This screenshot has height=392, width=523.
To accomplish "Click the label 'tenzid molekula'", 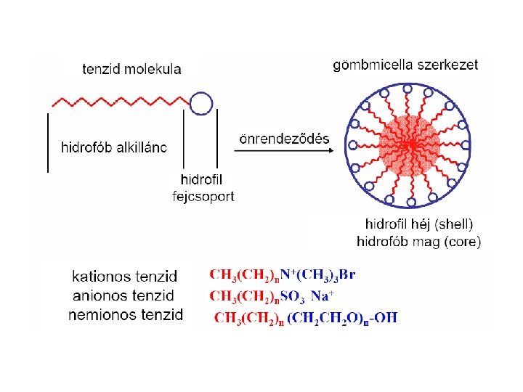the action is point(131,70).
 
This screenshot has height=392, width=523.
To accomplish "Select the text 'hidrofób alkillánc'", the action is point(114,147).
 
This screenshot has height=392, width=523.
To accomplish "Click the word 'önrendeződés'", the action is point(283,139).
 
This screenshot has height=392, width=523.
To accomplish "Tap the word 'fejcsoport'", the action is point(203,196).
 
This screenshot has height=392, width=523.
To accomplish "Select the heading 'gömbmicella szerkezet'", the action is point(405,65).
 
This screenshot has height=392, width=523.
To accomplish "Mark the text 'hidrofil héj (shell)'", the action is point(419,224).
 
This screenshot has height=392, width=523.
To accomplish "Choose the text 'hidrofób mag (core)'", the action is point(419,241).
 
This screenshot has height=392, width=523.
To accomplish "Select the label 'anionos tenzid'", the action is point(123,295).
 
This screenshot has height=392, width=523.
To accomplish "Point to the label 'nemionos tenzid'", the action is point(125,314).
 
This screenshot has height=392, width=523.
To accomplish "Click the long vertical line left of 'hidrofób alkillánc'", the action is point(48,142).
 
